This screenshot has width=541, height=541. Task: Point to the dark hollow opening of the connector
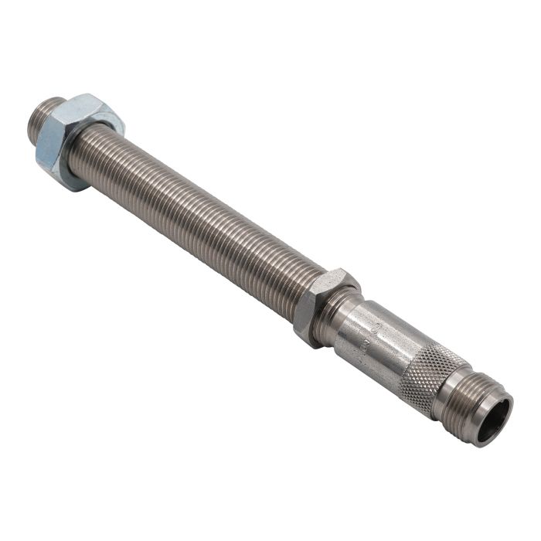pyautogui.click(x=495, y=422)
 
